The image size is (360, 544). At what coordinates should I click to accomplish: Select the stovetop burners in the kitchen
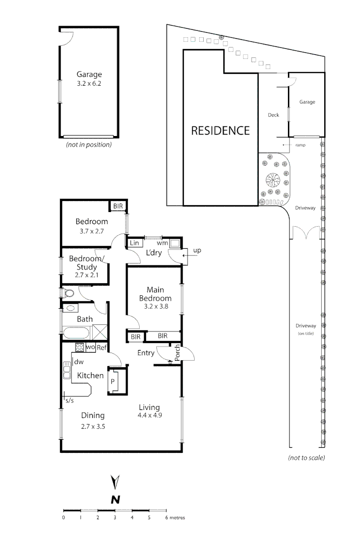coord(79,347)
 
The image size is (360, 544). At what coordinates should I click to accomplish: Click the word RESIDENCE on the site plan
coord(220,130)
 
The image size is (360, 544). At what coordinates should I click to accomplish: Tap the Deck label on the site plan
coord(273,115)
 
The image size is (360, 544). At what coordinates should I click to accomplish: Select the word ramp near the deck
coord(301,145)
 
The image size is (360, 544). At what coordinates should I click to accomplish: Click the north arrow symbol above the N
coord(115,482)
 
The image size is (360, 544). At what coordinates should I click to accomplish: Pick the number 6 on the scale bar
coord(166,517)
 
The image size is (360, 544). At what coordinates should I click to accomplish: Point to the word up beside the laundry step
coord(197,250)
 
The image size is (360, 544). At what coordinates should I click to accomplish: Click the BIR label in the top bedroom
coord(118,207)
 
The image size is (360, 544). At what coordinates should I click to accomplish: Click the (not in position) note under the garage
coord(89,145)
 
